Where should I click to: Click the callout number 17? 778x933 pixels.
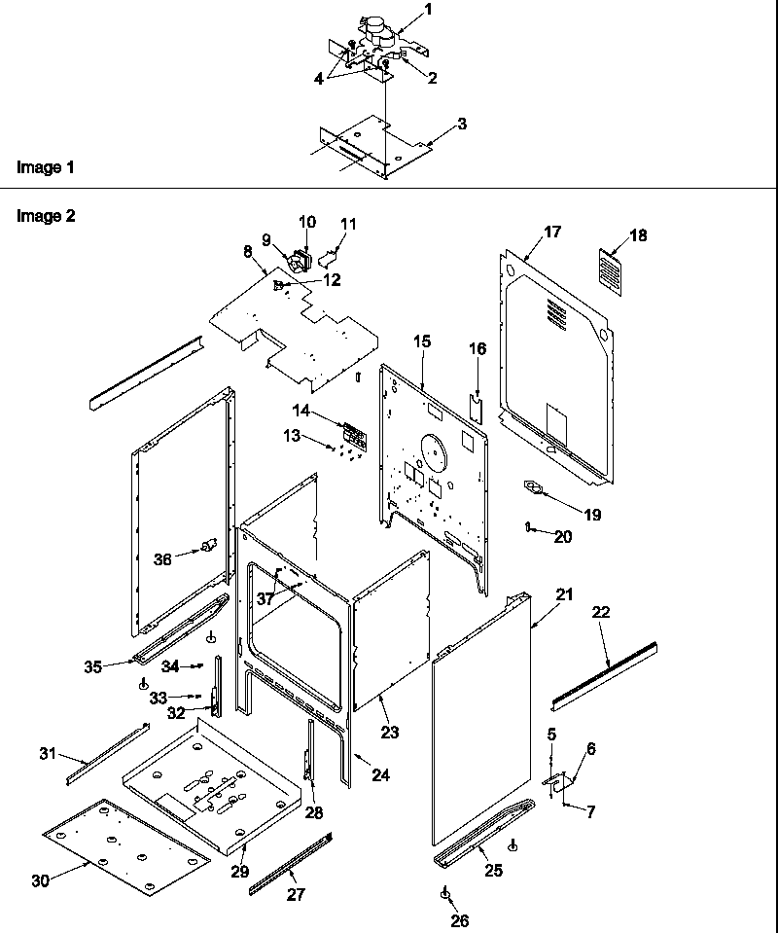tap(552, 232)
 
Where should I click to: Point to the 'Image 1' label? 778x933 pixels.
tap(46, 167)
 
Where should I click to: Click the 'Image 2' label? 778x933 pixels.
tap(46, 216)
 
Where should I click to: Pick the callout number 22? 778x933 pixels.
tap(600, 612)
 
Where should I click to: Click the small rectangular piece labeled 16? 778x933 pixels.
tap(477, 409)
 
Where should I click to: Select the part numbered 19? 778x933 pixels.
tap(533, 489)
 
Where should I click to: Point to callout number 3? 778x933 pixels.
tap(462, 124)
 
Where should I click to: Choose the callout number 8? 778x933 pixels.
tap(248, 251)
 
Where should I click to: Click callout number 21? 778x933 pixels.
tap(565, 592)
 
